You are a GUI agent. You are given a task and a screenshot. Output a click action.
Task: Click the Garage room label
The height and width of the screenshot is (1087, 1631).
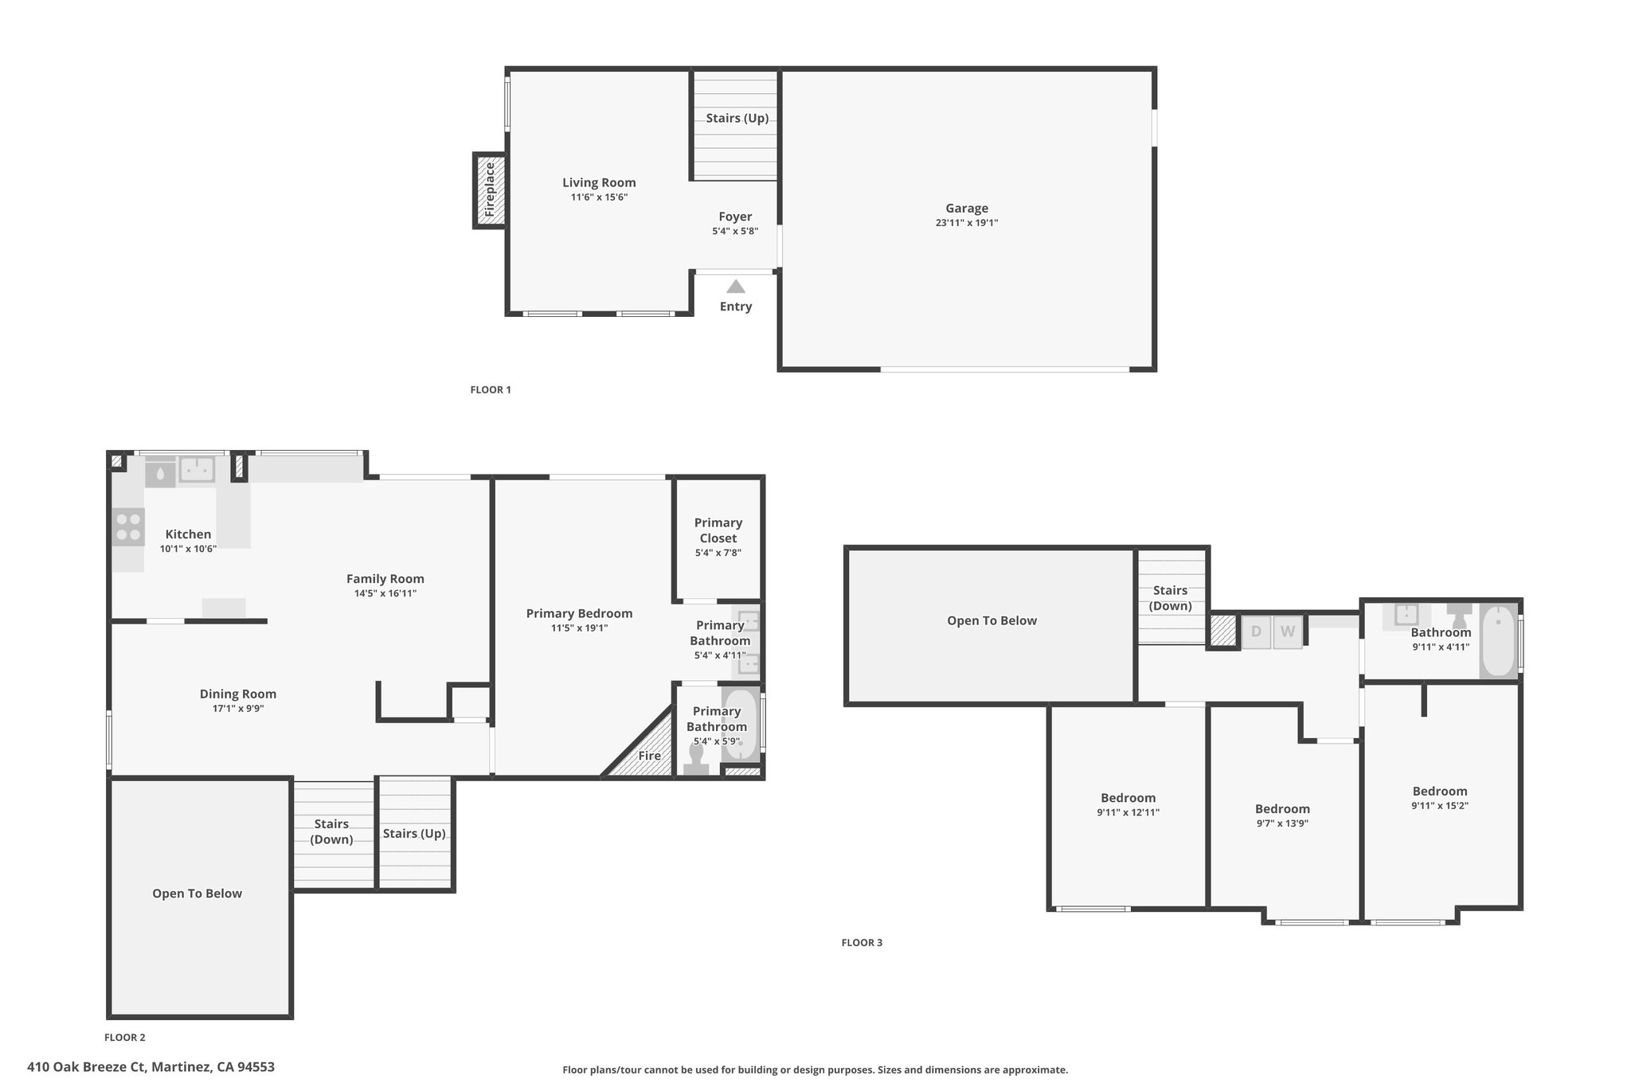967,209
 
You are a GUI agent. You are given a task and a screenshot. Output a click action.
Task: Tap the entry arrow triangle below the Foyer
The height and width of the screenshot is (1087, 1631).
736,287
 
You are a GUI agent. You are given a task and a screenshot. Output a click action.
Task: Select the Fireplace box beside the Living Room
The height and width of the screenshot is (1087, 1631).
489,190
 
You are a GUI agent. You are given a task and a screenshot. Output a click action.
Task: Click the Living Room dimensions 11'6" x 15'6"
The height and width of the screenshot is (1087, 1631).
599,197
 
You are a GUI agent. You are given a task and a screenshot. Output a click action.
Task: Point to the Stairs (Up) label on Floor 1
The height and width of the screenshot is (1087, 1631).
737,119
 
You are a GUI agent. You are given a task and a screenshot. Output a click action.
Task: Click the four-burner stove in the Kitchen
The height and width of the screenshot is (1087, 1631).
128,526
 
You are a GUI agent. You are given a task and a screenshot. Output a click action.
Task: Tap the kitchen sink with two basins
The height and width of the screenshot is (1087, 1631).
197,470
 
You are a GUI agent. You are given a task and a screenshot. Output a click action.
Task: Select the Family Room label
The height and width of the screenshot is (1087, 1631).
385,579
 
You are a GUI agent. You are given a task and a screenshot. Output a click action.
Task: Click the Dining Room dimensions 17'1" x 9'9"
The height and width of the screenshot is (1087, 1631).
238,709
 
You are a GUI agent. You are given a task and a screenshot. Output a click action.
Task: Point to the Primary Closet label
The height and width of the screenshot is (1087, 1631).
718,530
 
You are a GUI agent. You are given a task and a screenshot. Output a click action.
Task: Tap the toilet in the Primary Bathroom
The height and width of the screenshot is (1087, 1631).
697,760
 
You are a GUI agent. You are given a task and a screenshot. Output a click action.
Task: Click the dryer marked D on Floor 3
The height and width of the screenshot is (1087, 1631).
1256,632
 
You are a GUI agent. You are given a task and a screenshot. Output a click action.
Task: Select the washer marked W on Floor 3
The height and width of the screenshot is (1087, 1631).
1288,632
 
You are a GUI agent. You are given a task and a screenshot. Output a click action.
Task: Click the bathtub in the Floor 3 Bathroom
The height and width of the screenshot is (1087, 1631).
1499,641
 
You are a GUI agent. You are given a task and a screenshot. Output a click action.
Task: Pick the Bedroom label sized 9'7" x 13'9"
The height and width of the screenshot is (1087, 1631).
1282,809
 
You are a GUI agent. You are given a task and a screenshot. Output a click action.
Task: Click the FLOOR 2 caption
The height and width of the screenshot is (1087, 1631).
125,1038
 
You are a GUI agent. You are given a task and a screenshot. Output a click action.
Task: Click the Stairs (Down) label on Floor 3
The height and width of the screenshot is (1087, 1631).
1171,598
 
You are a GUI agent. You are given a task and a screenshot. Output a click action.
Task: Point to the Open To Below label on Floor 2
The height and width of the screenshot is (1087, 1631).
198,893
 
